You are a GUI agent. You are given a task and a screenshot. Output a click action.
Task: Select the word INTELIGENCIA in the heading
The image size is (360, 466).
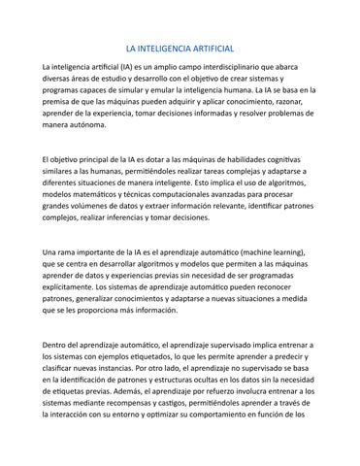tap(161, 47)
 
